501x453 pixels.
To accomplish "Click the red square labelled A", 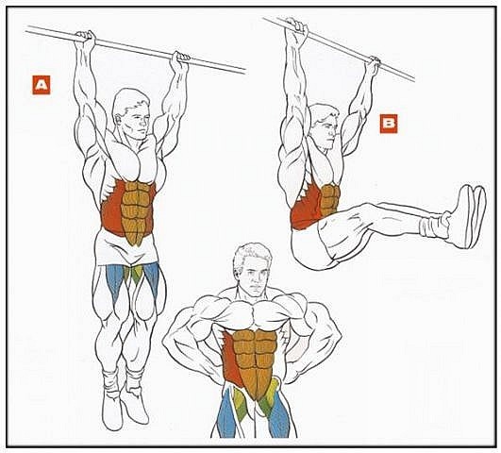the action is tap(42, 85).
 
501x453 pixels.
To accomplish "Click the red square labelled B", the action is tap(389, 124).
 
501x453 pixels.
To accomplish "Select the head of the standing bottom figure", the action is tap(253, 270).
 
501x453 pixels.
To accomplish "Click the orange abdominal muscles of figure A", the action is tap(137, 212).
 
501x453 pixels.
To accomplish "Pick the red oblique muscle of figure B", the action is tap(305, 208).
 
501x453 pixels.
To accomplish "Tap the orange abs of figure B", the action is tap(329, 201).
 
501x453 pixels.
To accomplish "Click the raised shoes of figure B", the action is tap(469, 216).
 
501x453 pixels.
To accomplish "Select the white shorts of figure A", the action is tap(127, 248).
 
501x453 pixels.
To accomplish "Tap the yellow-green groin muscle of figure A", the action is tap(134, 274).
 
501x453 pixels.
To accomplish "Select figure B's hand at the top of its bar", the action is tap(296, 26).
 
